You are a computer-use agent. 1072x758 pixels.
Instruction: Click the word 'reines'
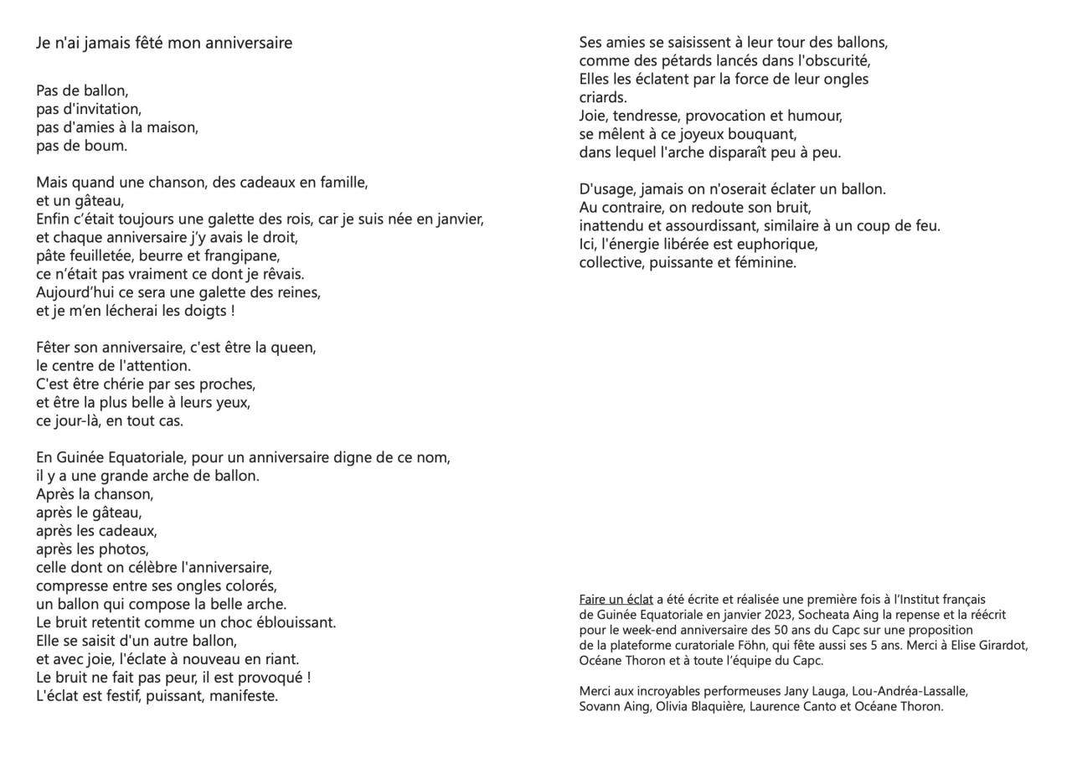point(295,292)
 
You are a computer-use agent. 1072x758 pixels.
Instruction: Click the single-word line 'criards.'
point(603,98)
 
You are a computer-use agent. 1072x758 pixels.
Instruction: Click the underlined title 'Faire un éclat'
point(616,600)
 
